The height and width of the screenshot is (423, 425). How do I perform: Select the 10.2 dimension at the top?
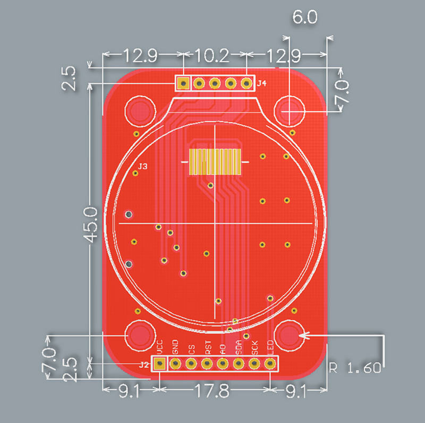(x=212, y=54)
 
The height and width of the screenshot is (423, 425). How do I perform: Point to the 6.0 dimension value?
(x=305, y=17)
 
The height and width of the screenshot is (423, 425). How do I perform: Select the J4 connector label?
(x=261, y=84)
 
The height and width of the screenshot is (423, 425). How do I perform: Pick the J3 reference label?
(x=142, y=167)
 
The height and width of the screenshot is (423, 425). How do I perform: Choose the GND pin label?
(x=175, y=347)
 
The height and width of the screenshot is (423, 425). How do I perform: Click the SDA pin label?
(x=239, y=347)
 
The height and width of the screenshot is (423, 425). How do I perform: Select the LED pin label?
(x=270, y=347)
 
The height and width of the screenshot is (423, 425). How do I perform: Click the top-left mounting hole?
(x=140, y=111)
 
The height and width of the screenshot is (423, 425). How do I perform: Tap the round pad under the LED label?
(x=270, y=364)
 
